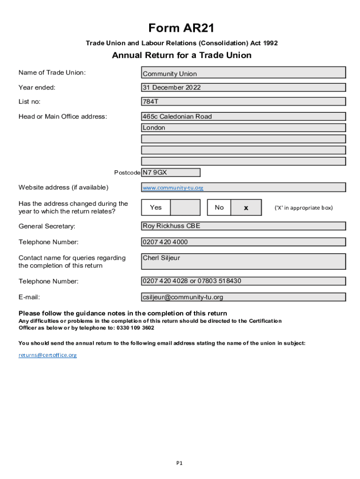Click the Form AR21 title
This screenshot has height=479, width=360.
point(181,28)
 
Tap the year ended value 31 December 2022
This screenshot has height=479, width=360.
point(172,87)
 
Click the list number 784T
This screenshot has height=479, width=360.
point(150,102)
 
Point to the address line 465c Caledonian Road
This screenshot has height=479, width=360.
point(177,116)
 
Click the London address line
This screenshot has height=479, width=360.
point(154,128)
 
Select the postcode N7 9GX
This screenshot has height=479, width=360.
point(155,173)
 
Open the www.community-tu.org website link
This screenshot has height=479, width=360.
point(173,188)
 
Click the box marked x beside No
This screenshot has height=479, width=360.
point(246,208)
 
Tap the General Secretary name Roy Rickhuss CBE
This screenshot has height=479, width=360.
point(171,226)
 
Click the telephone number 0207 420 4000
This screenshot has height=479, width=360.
point(166,242)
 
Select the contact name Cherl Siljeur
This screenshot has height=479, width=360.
point(161,258)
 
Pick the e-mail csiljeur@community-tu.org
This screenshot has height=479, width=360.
point(183,297)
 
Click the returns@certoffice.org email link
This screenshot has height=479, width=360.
point(47,355)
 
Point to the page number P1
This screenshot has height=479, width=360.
point(180,463)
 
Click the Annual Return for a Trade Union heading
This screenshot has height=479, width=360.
point(181,55)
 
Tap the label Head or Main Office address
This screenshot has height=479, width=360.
point(63,116)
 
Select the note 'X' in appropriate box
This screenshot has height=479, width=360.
point(303,208)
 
